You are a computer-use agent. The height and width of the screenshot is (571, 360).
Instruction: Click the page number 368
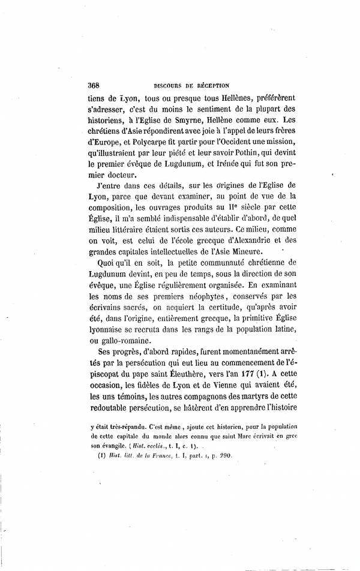94,85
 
